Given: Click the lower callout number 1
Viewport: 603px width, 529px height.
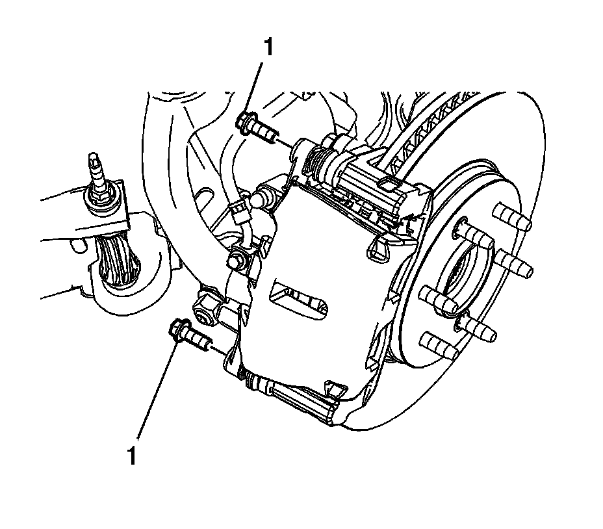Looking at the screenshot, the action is click(132, 454).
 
